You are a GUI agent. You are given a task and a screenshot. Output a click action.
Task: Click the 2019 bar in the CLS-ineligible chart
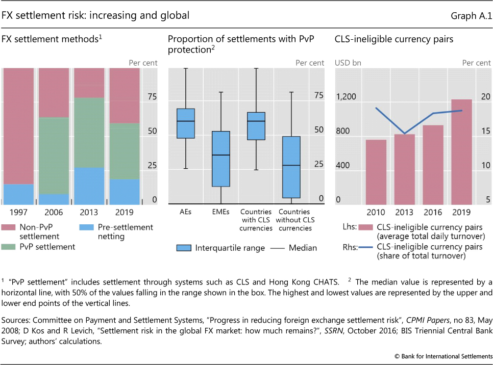point(461,151)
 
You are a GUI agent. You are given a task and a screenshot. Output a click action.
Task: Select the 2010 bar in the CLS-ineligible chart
point(376,171)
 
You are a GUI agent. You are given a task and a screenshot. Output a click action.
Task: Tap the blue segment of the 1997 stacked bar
point(18,194)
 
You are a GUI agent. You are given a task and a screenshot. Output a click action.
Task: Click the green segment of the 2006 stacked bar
point(54,155)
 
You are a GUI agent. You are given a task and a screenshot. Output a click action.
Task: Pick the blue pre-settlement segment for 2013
point(89,186)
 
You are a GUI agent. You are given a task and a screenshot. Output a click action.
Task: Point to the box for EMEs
point(220,159)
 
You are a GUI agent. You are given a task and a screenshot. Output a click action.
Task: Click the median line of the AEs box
point(185,121)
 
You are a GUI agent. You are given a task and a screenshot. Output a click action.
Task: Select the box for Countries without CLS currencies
point(291,167)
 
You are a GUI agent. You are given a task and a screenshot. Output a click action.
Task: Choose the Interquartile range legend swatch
point(184,248)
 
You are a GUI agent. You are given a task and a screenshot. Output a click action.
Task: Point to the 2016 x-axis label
point(433,212)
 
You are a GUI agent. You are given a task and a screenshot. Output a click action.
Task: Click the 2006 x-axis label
point(54,212)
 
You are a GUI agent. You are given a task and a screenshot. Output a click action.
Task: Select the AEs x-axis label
point(185,212)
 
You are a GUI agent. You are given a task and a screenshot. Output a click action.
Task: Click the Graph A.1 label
point(471,16)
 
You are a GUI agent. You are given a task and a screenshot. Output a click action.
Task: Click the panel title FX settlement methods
point(51,39)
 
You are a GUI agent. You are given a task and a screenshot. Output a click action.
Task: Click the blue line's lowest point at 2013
point(404,134)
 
